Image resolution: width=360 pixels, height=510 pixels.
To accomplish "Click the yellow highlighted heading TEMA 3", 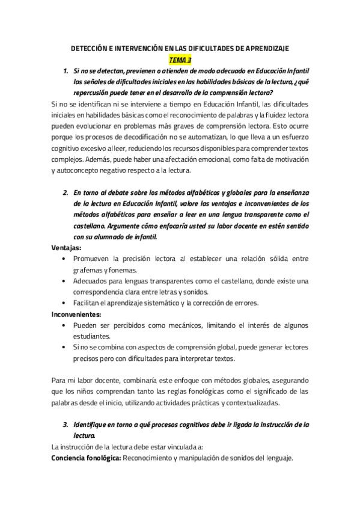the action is click(180, 60).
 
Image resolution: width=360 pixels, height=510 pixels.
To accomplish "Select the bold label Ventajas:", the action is click(67, 247).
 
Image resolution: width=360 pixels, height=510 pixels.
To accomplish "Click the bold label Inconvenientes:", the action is click(76, 313).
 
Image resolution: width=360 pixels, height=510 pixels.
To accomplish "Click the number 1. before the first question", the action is click(66, 72).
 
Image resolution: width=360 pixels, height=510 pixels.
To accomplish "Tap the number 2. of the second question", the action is click(66, 192).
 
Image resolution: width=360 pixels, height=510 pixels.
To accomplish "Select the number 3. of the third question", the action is click(66, 425).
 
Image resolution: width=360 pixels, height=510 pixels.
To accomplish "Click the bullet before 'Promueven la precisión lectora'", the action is click(65, 259).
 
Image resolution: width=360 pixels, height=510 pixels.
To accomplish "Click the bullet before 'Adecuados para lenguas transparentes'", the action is click(65, 281).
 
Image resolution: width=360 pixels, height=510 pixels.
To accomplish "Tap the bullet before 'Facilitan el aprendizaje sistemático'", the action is click(65, 303).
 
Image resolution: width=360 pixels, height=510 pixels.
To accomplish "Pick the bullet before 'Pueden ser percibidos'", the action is click(65, 325).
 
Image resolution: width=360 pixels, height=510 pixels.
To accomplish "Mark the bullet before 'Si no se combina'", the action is click(65, 347).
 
